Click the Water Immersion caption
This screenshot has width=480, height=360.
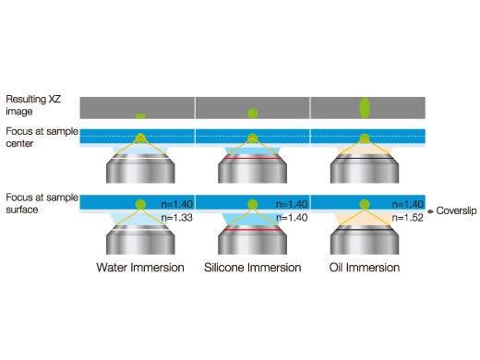(140, 268)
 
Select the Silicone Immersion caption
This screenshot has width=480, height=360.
(253, 268)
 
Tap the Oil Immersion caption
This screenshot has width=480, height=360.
(365, 268)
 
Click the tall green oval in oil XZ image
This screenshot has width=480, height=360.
(365, 107)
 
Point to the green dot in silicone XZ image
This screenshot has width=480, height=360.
(252, 114)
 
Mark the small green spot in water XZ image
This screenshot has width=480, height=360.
(140, 116)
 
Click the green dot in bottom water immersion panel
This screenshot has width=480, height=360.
(140, 203)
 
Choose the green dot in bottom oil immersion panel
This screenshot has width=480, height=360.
(365, 203)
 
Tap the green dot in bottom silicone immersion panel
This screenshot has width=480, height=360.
(252, 203)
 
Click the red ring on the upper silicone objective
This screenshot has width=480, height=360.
(252, 158)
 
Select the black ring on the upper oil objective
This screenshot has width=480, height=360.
(365, 158)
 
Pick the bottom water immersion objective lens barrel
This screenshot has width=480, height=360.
(140, 242)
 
